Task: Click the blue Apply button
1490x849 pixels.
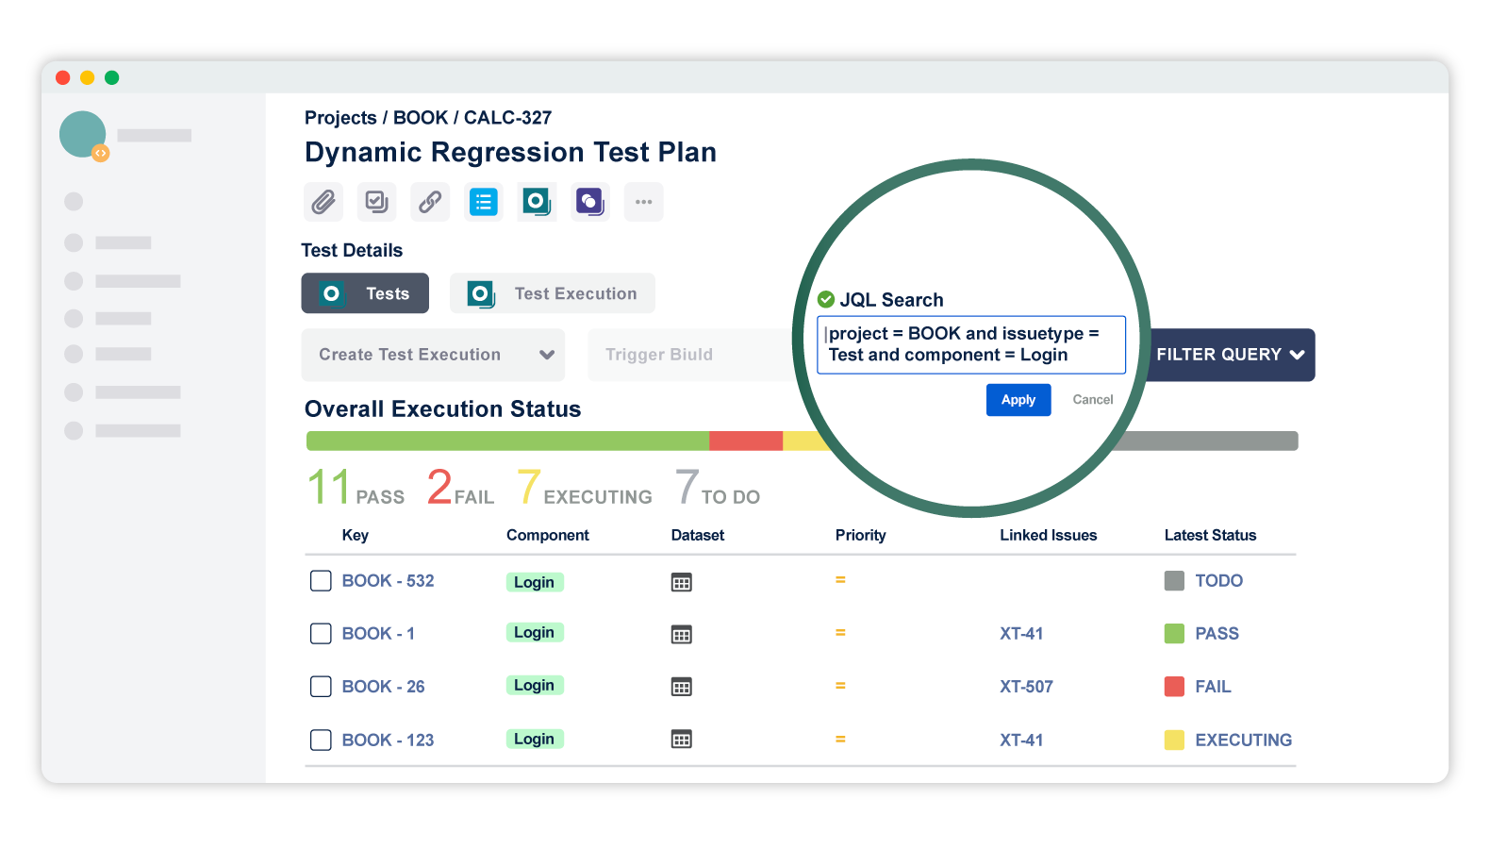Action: click(1018, 400)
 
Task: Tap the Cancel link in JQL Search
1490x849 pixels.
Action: click(1092, 400)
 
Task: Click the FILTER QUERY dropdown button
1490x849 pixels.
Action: click(1230, 355)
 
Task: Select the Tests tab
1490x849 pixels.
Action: click(365, 293)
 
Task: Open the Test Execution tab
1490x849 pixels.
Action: click(552, 293)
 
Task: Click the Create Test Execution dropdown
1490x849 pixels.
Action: click(433, 355)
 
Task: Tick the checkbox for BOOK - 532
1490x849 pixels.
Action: click(321, 580)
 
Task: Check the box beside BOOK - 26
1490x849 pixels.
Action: click(321, 686)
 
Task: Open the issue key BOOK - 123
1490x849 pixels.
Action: click(388, 740)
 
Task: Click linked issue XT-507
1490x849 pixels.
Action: click(1026, 687)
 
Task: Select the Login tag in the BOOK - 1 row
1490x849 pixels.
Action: click(534, 632)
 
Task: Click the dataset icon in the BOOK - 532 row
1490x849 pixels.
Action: click(681, 582)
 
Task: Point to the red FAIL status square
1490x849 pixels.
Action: click(1174, 686)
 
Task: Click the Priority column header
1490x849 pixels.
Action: click(860, 535)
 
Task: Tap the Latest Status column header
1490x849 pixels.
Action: click(1210, 535)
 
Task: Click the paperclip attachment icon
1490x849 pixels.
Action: click(323, 202)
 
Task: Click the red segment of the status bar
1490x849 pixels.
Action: click(745, 441)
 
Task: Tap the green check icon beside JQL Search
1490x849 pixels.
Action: click(826, 299)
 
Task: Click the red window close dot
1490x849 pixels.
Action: click(63, 77)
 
